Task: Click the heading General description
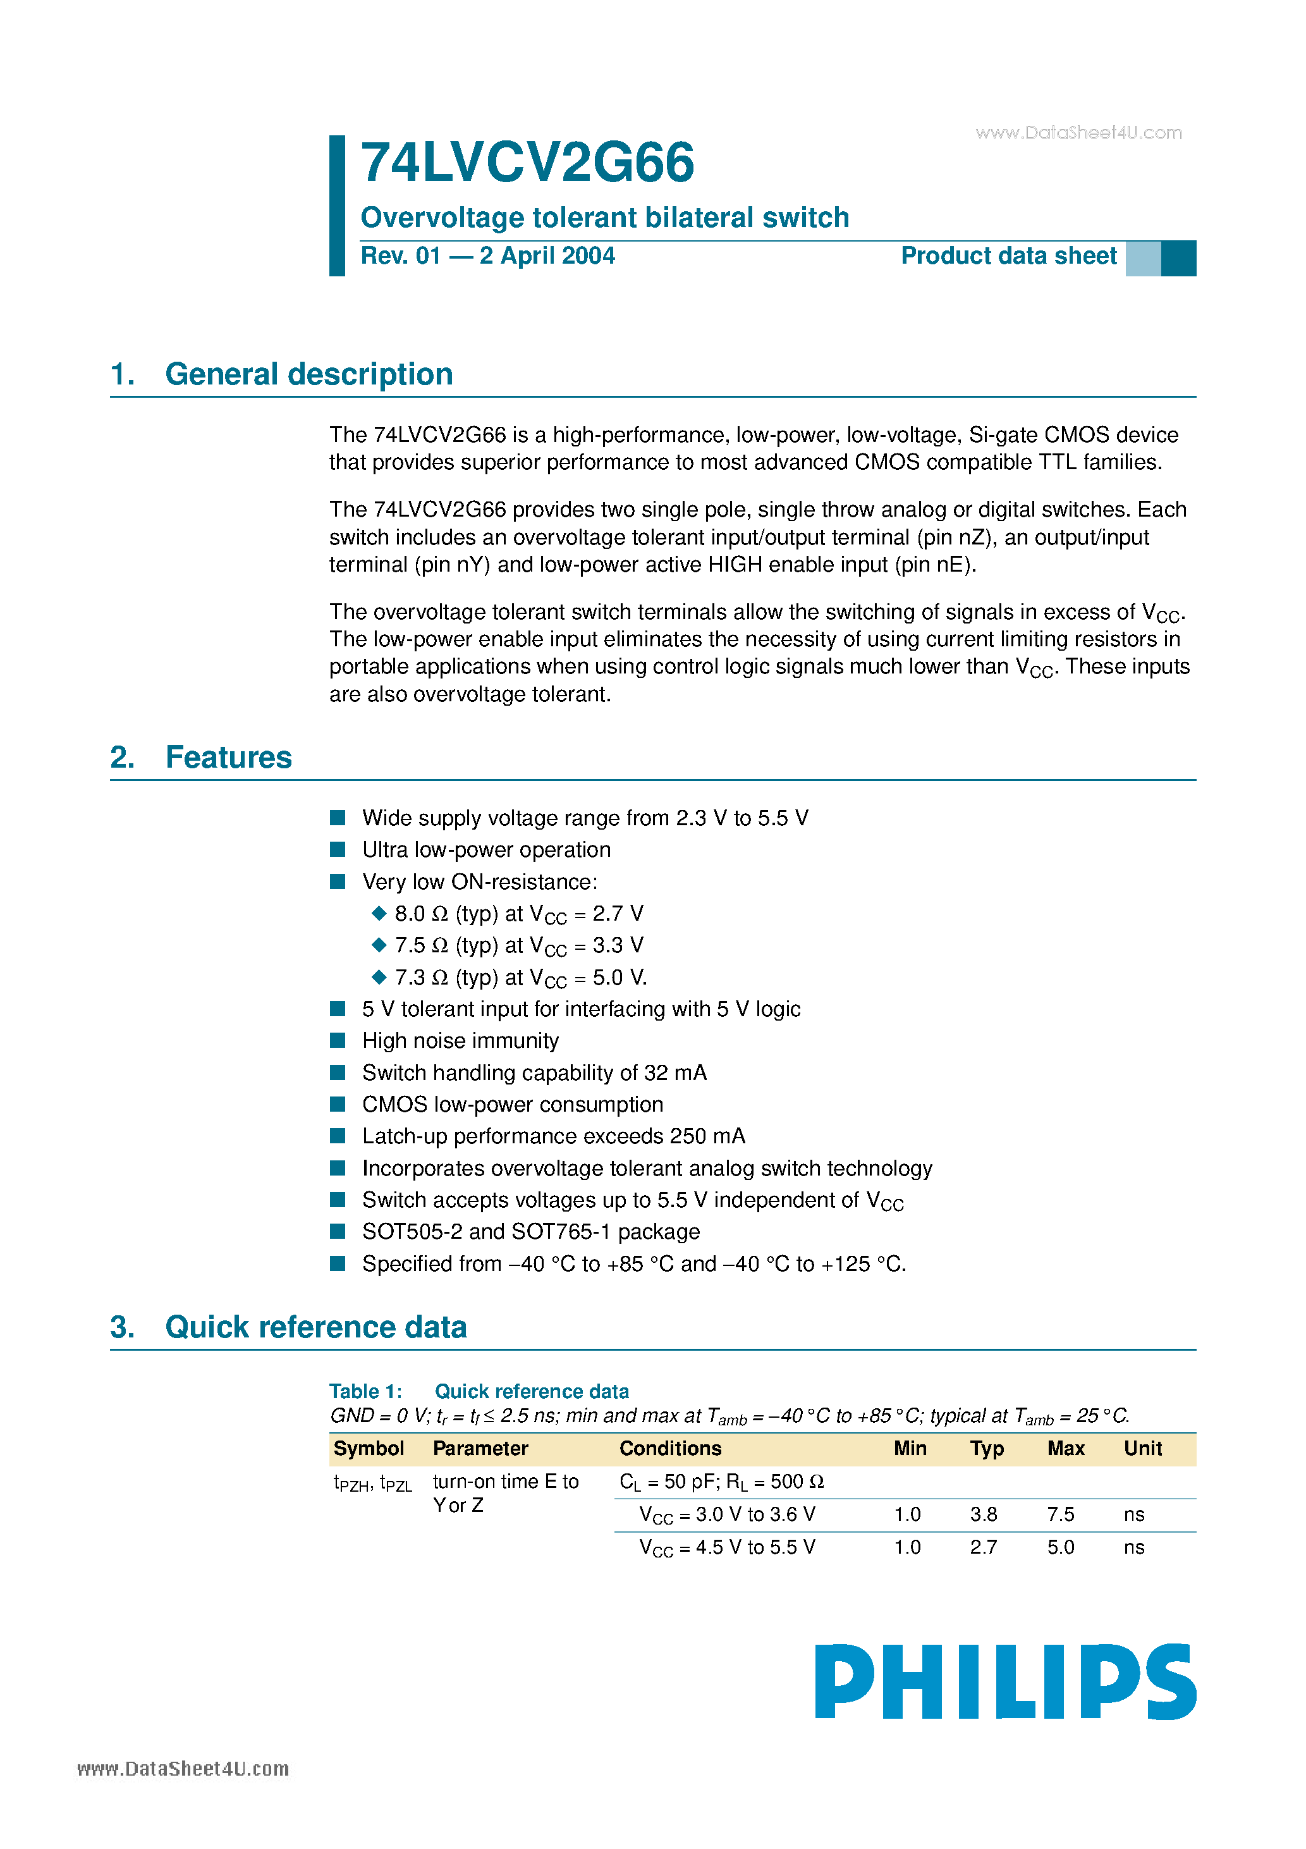point(308,374)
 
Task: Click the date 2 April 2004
point(547,256)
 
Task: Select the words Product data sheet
point(1008,256)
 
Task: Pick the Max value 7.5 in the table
point(1061,1514)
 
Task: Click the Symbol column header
point(369,1449)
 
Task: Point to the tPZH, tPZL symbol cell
point(372,1483)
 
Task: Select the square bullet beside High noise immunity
point(338,1040)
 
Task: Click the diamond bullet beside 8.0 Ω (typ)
point(379,913)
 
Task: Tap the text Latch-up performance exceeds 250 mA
point(553,1136)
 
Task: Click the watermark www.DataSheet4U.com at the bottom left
point(183,1769)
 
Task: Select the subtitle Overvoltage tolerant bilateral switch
point(605,218)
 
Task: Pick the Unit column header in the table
point(1142,1449)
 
